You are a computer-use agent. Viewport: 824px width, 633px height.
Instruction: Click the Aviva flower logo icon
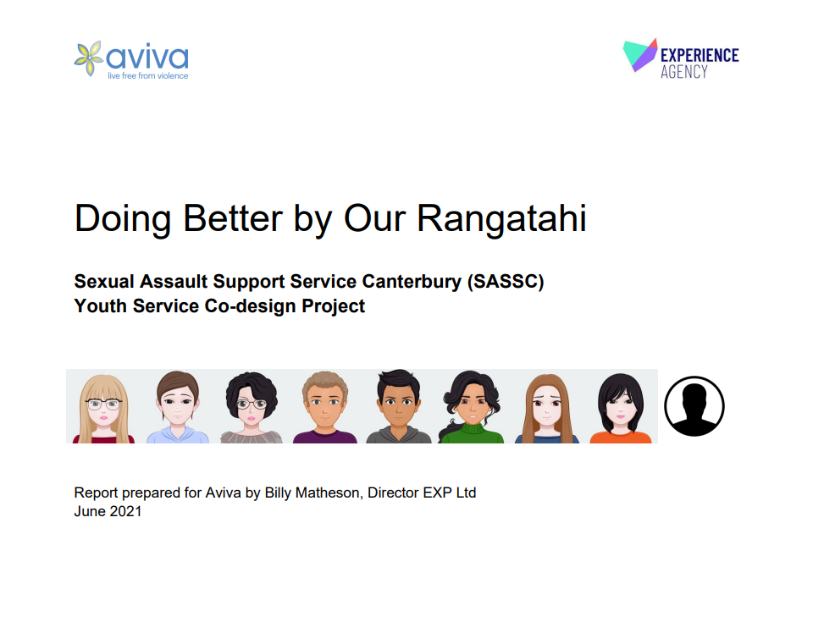coord(88,58)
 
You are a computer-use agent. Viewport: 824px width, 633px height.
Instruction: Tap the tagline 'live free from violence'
coord(147,75)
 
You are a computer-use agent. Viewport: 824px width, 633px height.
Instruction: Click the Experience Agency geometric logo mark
coord(640,55)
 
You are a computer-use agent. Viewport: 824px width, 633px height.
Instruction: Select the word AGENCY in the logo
coord(684,71)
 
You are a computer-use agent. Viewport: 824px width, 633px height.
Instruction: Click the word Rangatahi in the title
coord(501,217)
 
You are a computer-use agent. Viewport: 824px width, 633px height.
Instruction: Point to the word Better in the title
coord(233,217)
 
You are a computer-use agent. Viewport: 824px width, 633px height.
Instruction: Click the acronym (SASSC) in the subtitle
coord(506,282)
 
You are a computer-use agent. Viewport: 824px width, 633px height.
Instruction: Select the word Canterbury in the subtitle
coord(412,282)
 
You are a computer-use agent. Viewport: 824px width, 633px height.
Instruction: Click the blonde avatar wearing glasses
coord(103,409)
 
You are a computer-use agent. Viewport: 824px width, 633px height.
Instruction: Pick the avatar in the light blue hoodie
coord(178,407)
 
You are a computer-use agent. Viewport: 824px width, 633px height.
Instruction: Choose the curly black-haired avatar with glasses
coord(252,408)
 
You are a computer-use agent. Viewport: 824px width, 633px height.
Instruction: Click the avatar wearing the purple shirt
coord(324,407)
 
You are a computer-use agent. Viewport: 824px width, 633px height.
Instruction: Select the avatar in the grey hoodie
coord(399,406)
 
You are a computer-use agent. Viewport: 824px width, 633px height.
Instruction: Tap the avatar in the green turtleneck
coord(472,407)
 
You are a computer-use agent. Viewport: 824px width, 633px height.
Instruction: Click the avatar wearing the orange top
coord(621,408)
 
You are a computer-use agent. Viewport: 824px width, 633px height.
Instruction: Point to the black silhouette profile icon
coord(694,406)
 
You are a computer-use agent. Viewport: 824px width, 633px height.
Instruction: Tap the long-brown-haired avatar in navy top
coord(546,409)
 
